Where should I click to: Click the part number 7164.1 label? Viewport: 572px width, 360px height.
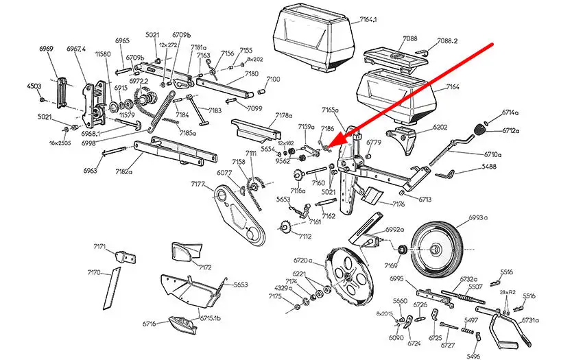368,21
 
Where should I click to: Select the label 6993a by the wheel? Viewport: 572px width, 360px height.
478,217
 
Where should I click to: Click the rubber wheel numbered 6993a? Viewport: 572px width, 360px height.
436,248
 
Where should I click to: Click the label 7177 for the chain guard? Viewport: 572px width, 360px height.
198,184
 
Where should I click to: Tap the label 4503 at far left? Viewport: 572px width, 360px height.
34,86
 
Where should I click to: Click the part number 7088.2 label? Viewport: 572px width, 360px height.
446,40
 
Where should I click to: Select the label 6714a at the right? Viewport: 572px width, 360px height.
510,111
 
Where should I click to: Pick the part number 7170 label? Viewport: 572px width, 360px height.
94,273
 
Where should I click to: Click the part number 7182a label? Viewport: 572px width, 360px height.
124,171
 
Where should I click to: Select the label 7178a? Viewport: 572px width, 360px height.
283,117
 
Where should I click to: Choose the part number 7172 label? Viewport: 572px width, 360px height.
205,267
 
